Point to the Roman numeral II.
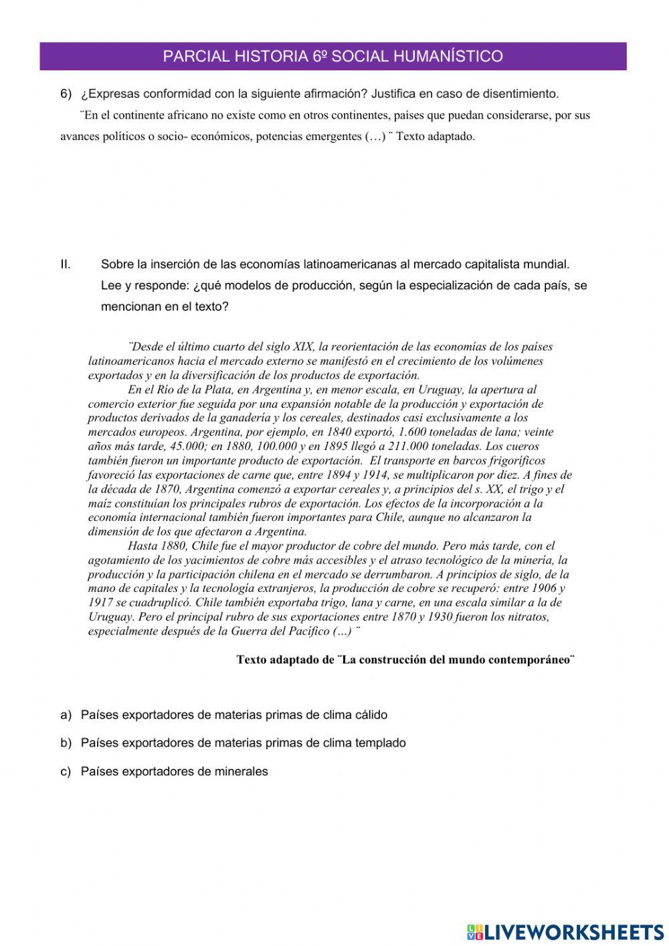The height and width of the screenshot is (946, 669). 66,264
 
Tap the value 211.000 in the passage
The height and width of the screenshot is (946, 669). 387,447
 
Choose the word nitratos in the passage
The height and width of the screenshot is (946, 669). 525,617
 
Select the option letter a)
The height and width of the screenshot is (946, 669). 66,715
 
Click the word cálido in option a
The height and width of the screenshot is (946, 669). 367,715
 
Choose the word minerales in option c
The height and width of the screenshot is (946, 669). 242,771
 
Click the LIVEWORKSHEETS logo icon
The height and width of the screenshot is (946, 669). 474,932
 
